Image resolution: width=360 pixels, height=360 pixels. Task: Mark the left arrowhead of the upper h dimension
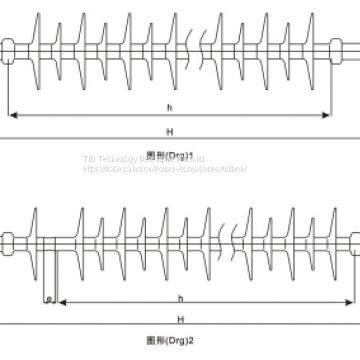coord(11,115)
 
